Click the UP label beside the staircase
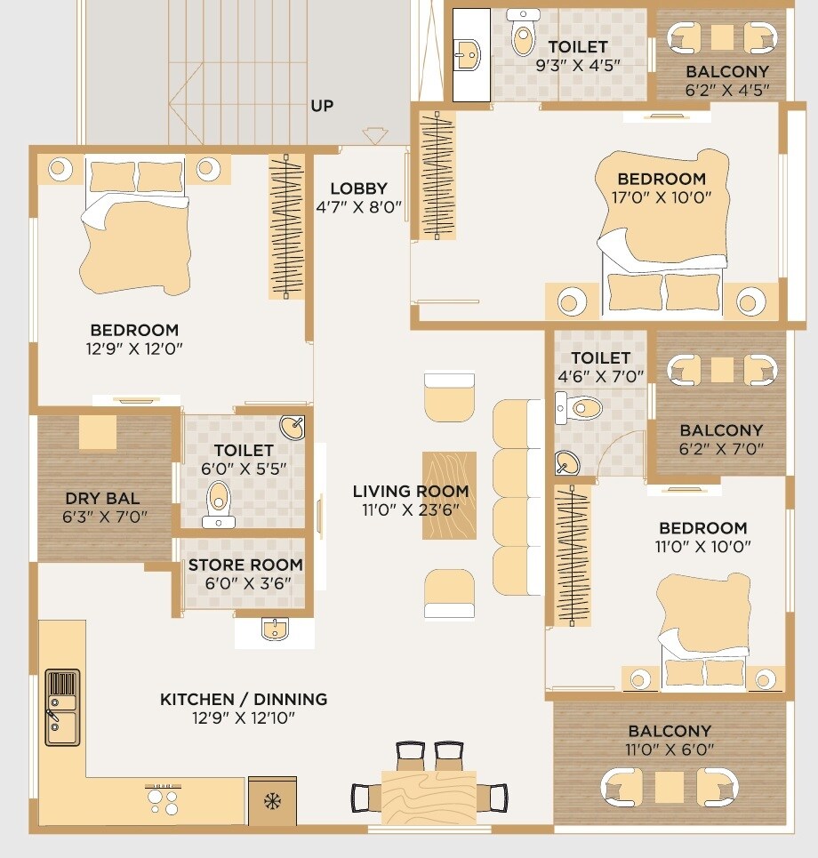[x=322, y=106]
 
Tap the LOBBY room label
[x=358, y=188]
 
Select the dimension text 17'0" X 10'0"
[x=662, y=197]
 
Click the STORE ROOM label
[x=245, y=565]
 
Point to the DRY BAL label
[x=102, y=498]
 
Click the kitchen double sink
[x=61, y=707]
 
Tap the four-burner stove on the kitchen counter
[x=162, y=797]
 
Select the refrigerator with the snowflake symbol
[x=272, y=800]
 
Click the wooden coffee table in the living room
[x=449, y=495]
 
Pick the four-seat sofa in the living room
[x=517, y=497]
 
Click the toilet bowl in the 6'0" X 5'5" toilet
[x=219, y=501]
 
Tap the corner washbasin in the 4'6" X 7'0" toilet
[x=567, y=462]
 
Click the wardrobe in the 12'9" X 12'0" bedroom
[x=287, y=227]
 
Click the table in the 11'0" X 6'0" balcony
[x=669, y=787]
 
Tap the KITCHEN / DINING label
[x=244, y=699]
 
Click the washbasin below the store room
[x=274, y=630]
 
